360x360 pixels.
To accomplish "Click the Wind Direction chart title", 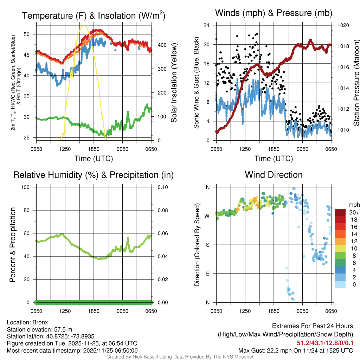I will [x=274, y=175].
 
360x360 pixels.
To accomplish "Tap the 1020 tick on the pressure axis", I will [x=343, y=25].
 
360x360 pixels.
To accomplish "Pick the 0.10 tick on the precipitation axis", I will [x=162, y=187].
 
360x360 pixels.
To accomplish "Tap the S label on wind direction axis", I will [x=208, y=245].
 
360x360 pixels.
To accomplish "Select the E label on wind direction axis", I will [x=208, y=274].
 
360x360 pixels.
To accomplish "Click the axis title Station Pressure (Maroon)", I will [x=356, y=83].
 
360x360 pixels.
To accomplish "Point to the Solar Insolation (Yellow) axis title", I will [x=174, y=83].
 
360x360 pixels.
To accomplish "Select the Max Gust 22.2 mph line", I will [x=296, y=350].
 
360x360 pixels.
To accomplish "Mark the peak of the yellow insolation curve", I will [x=84, y=25].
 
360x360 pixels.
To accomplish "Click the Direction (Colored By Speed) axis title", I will [x=197, y=244].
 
